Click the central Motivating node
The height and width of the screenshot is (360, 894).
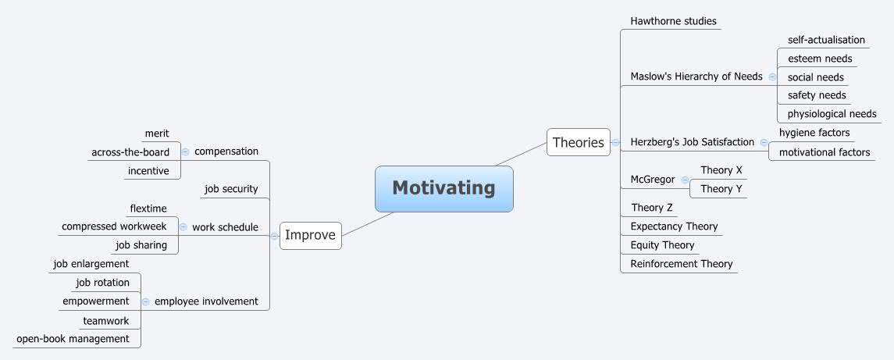tap(443, 188)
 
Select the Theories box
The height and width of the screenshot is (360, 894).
tap(578, 142)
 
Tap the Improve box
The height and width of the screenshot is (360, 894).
tap(310, 235)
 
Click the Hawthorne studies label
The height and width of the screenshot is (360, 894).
tap(673, 21)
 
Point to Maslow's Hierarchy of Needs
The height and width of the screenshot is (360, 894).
tap(696, 77)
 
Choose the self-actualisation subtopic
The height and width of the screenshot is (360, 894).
tap(826, 40)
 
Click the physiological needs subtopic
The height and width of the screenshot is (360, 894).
tap(832, 114)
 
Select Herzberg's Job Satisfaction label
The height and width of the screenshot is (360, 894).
tap(692, 142)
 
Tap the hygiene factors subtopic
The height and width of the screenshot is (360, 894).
tap(814, 133)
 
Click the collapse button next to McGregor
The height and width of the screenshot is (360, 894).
tap(685, 180)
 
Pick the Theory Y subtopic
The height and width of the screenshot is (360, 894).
tap(721, 189)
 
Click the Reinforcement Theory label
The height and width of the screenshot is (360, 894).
tap(681, 264)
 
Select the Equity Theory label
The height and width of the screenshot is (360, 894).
tap(662, 245)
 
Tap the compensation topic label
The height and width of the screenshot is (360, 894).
tap(226, 151)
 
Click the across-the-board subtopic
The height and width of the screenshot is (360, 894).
tap(130, 152)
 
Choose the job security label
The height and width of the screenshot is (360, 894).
tap(231, 189)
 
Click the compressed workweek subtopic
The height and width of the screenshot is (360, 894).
tap(114, 226)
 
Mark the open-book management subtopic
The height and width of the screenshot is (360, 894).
tap(73, 339)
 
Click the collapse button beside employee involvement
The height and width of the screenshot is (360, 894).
tap(146, 301)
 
